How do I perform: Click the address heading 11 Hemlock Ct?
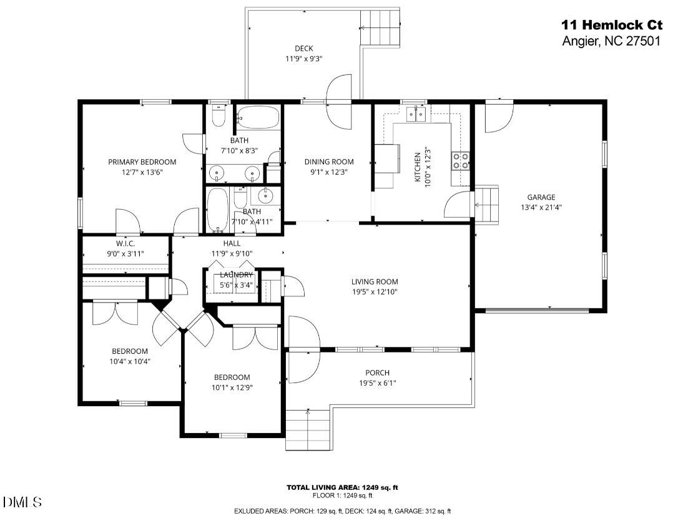tap(611, 25)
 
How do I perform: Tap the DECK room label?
tap(303, 49)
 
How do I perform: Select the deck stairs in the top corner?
tap(381, 29)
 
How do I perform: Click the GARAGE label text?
tap(541, 197)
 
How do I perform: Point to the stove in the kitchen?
tap(461, 161)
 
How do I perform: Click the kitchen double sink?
tap(416, 113)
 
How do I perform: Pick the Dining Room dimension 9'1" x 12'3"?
tap(329, 172)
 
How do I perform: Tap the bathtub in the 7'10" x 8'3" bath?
tap(258, 116)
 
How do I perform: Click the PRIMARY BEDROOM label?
tap(142, 162)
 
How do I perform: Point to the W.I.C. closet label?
tap(125, 243)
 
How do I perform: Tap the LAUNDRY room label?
tap(236, 275)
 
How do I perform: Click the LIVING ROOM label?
tap(375, 281)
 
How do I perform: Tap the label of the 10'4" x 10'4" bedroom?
tap(130, 351)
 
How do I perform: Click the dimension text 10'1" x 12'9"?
tap(232, 387)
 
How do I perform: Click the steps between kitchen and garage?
tap(486, 204)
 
